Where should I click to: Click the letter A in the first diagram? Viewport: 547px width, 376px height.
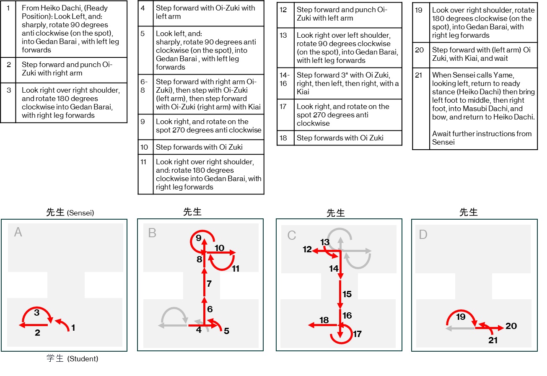tap(18, 232)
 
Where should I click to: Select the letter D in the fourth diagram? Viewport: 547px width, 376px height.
tap(423, 234)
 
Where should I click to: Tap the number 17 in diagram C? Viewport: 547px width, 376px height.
tap(357, 334)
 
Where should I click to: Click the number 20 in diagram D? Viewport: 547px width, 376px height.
tap(511, 326)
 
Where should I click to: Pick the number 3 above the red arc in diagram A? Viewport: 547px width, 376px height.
tap(36, 312)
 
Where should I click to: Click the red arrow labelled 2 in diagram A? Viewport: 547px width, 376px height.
tap(34, 325)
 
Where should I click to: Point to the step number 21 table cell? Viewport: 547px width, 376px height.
tap(421, 109)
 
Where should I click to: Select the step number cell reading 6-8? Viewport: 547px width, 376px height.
tap(145, 94)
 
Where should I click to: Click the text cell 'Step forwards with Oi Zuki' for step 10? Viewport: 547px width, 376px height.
tap(208, 147)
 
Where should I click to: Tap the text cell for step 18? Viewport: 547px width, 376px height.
tap(347, 138)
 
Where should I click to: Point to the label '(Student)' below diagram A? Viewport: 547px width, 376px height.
tap(82, 359)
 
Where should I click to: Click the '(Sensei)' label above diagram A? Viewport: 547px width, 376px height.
tap(80, 213)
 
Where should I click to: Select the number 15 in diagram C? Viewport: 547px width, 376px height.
tap(347, 294)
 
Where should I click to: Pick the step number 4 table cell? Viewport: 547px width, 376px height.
tap(145, 13)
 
